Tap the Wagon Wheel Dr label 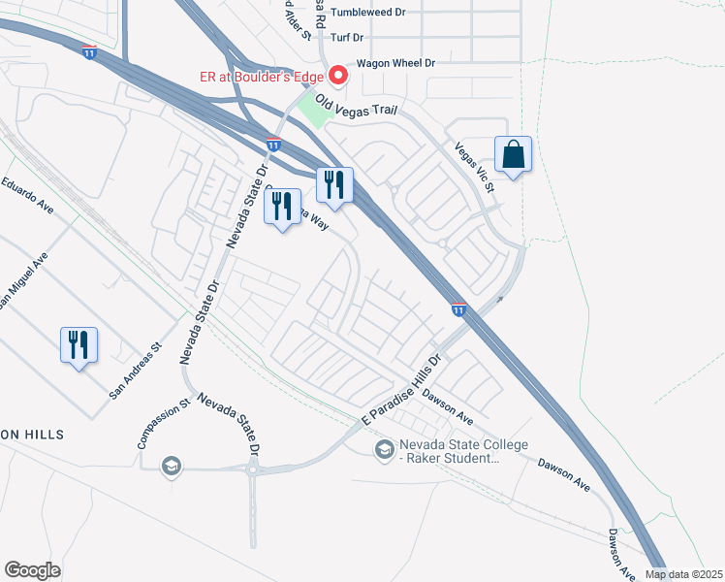tap(395, 63)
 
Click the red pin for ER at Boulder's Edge tap(338, 75)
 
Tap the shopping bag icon tap(513, 154)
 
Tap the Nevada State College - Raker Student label tap(463, 451)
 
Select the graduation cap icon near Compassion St tap(172, 467)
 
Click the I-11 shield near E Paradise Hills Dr tap(458, 308)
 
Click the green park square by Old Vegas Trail tap(313, 110)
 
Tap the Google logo tap(33, 570)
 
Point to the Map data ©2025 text tap(683, 574)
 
